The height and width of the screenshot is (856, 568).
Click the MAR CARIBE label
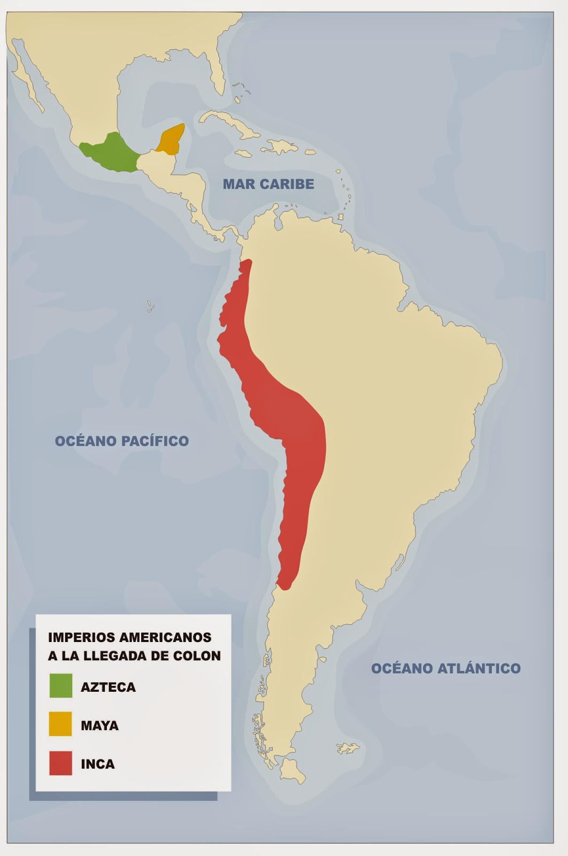(268, 184)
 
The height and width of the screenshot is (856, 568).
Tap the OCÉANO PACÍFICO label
(122, 441)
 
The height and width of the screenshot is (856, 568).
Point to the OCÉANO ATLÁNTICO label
(446, 668)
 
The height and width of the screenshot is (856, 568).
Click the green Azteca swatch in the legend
(60, 686)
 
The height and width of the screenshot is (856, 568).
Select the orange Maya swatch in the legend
(60, 724)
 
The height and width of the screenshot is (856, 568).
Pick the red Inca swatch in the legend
(60, 763)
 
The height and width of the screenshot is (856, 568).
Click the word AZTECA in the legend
(108, 687)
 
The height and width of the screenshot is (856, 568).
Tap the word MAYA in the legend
(99, 726)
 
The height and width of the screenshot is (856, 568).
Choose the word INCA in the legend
(97, 764)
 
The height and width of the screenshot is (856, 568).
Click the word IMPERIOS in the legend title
(81, 637)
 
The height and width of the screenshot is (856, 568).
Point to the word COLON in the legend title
(200, 656)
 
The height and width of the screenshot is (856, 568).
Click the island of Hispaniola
(281, 146)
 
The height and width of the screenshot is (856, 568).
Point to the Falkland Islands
(348, 748)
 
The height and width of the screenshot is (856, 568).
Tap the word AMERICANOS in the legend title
(165, 637)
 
